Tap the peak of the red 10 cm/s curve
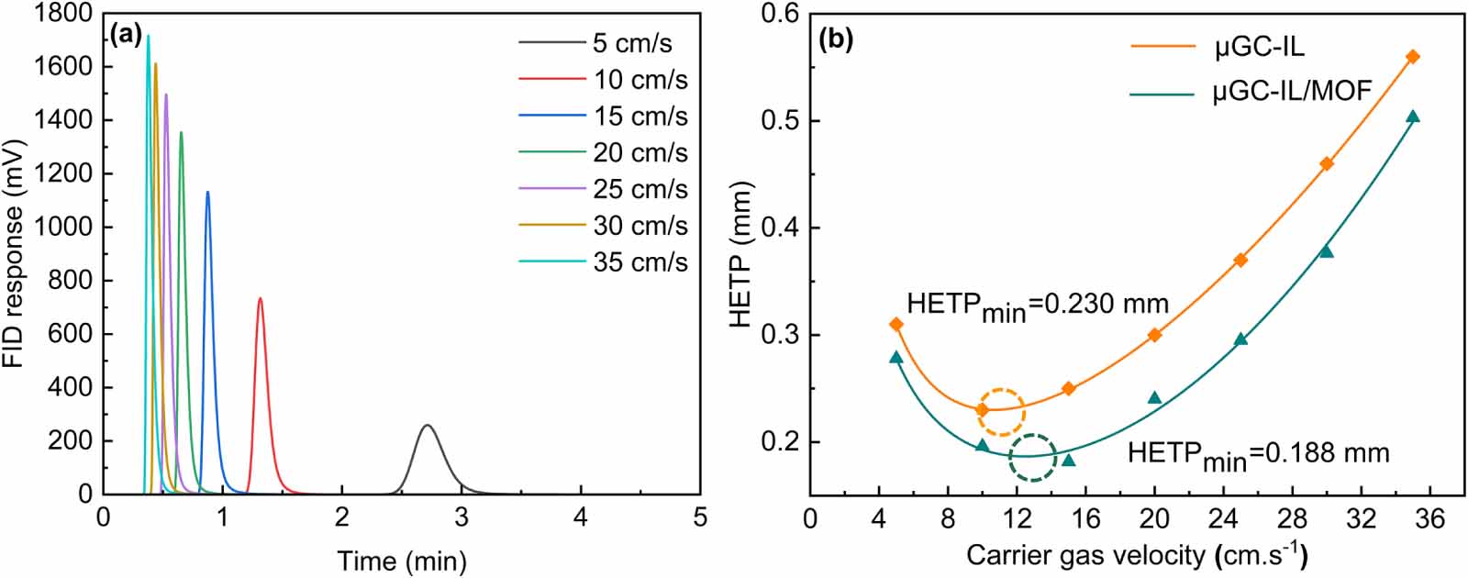click(261, 298)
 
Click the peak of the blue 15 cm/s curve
click(207, 192)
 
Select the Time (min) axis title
click(401, 560)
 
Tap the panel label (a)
click(126, 37)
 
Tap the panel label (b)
click(836, 39)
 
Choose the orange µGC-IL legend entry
click(1258, 47)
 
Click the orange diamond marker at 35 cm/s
click(1413, 57)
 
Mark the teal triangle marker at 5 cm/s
click(896, 357)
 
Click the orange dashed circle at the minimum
click(1001, 412)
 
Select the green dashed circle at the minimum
click(1033, 457)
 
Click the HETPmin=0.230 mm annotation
click(1037, 306)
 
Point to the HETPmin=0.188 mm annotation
click(1258, 454)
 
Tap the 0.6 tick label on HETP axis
click(780, 14)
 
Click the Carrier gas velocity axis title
click(1137, 555)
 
